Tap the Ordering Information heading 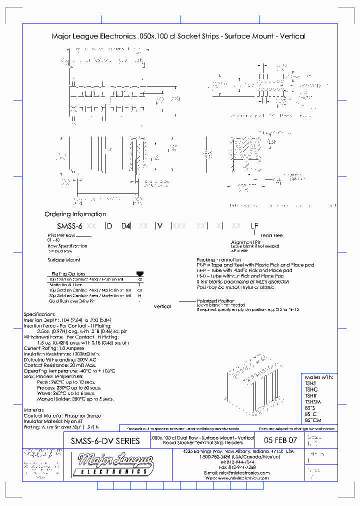[75, 214]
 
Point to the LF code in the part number [254, 226]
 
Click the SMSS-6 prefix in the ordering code [69, 226]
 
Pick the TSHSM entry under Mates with [313, 401]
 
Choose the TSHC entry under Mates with [311, 389]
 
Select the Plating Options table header [68, 273]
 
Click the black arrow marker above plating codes [139, 273]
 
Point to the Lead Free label [271, 235]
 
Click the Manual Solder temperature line [75, 398]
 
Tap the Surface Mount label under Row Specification [63, 260]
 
